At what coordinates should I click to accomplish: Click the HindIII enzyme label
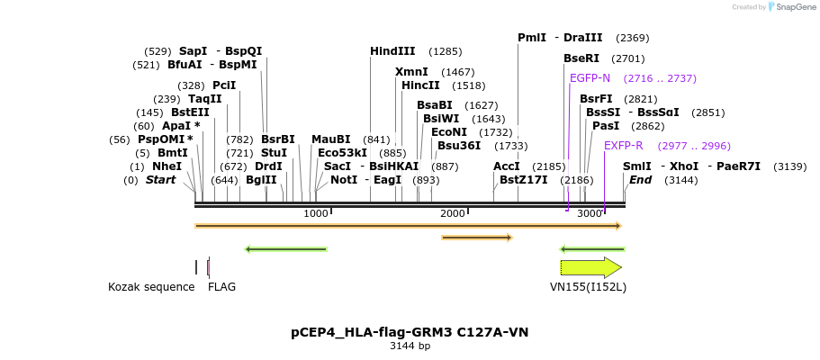(x=392, y=51)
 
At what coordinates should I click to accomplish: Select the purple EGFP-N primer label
(x=590, y=78)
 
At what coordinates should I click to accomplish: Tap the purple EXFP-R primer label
(x=623, y=146)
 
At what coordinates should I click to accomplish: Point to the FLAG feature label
(x=221, y=287)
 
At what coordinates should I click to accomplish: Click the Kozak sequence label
(x=151, y=287)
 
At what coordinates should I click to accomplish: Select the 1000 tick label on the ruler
(x=316, y=213)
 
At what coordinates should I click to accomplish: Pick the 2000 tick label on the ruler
(x=453, y=213)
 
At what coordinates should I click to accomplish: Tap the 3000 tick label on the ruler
(x=590, y=213)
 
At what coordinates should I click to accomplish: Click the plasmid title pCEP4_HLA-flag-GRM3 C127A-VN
(x=410, y=332)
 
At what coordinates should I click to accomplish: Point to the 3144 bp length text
(x=410, y=346)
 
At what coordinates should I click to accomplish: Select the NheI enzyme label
(x=167, y=166)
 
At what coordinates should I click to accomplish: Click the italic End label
(x=640, y=180)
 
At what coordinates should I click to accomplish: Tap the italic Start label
(x=160, y=180)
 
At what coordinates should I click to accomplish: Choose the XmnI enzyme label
(x=411, y=72)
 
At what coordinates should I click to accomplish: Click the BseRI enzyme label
(x=581, y=58)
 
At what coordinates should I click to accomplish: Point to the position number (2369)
(x=632, y=38)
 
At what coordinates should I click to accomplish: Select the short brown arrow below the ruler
(x=476, y=238)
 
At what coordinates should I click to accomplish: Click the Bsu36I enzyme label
(x=458, y=146)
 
